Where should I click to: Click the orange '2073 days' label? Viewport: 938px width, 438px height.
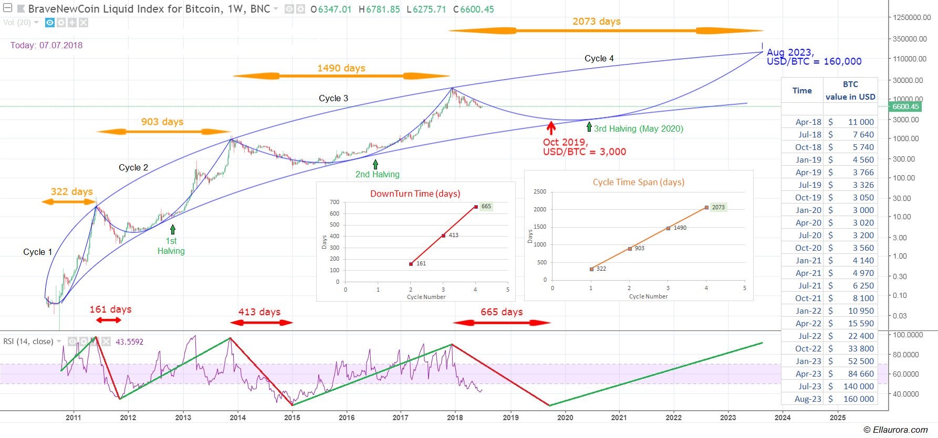click(x=596, y=22)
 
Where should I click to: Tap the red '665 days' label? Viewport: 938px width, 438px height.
click(x=502, y=312)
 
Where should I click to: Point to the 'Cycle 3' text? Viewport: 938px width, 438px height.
click(x=333, y=98)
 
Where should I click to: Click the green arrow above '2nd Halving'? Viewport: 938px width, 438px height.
click(x=376, y=164)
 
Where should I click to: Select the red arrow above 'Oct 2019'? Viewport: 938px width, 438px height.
click(x=551, y=128)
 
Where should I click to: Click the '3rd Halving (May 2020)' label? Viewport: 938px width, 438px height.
click(x=638, y=129)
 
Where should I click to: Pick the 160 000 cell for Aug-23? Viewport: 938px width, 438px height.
click(x=858, y=399)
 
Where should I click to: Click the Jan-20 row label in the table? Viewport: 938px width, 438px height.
click(x=808, y=210)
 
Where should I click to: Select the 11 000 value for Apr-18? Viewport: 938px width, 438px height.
click(x=861, y=122)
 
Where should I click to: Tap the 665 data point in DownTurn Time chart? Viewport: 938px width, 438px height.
click(x=476, y=207)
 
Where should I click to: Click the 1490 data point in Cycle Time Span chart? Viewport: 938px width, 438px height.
click(x=668, y=228)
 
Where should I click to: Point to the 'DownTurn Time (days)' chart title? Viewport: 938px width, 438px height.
click(x=415, y=194)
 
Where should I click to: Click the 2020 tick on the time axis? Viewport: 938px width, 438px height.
click(x=565, y=418)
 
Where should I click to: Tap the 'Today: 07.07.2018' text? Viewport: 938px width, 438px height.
click(x=46, y=45)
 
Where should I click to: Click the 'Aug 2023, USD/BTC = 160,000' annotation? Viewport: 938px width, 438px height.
click(x=814, y=57)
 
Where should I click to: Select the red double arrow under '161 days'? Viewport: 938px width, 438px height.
click(x=109, y=320)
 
